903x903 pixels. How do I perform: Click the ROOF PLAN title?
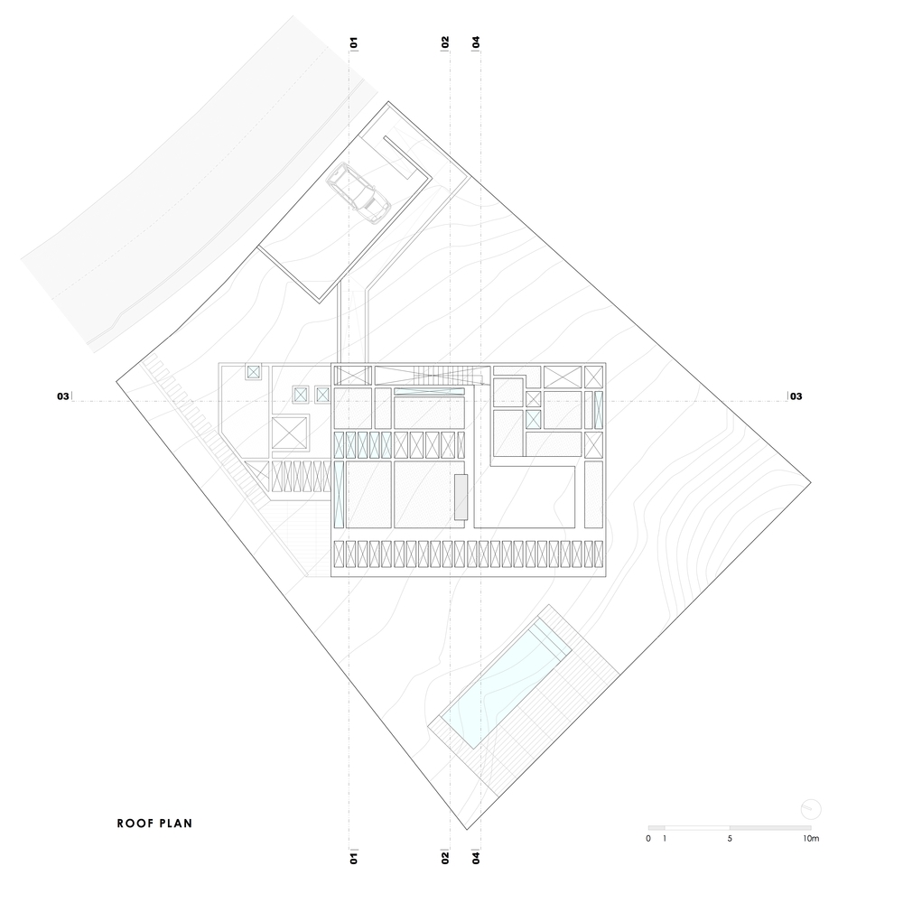tap(154, 824)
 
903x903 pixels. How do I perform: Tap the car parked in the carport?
tap(358, 192)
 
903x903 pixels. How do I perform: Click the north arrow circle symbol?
tap(811, 809)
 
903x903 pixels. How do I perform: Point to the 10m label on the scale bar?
tap(811, 839)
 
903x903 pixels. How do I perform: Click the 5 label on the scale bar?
tap(730, 839)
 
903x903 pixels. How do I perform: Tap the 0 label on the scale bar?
tap(648, 839)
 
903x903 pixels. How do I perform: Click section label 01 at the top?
tap(354, 42)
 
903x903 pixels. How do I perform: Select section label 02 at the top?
tap(445, 42)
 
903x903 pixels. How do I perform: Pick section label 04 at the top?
tap(476, 42)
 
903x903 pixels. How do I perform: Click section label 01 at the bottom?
tap(354, 858)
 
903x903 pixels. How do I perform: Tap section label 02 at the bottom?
tap(445, 858)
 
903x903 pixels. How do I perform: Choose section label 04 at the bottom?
tap(476, 858)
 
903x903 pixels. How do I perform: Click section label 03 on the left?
tap(63, 396)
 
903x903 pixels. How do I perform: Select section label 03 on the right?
tap(796, 396)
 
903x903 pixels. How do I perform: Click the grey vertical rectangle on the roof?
tap(461, 497)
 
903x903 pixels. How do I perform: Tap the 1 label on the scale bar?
tap(665, 839)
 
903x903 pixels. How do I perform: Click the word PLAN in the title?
tap(176, 824)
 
